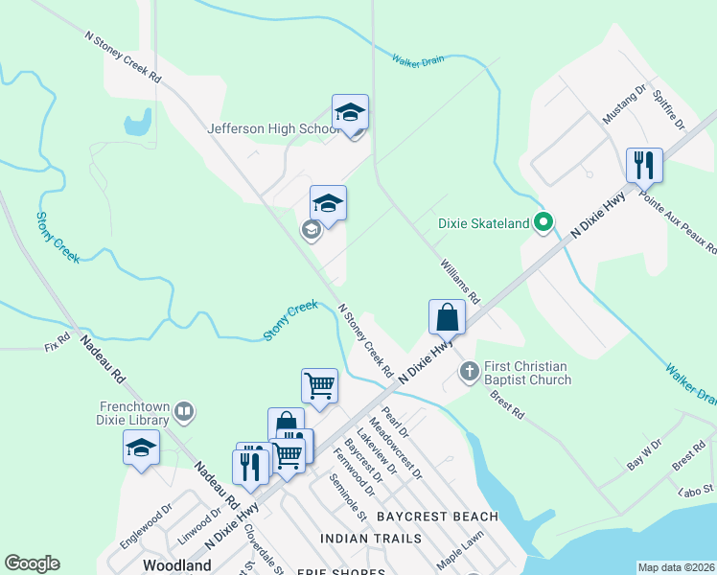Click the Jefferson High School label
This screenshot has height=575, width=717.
pyautogui.click(x=274, y=129)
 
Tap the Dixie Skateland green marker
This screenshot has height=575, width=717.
pyautogui.click(x=543, y=223)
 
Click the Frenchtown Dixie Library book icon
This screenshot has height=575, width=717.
pyautogui.click(x=184, y=413)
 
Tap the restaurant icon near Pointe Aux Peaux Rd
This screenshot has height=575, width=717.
pyautogui.click(x=644, y=165)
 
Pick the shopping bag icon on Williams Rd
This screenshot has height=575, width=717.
pyautogui.click(x=447, y=316)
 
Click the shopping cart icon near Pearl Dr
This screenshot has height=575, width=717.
pyautogui.click(x=319, y=385)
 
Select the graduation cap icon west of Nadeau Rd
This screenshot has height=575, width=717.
pyautogui.click(x=141, y=448)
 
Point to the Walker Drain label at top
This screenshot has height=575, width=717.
pyautogui.click(x=418, y=59)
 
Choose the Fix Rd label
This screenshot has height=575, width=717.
pyautogui.click(x=58, y=339)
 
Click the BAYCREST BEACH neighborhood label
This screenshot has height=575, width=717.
pyautogui.click(x=437, y=517)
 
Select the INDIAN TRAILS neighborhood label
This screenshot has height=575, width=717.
pyautogui.click(x=371, y=539)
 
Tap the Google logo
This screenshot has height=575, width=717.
pyautogui.click(x=32, y=563)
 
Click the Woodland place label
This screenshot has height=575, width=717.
pyautogui.click(x=177, y=565)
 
